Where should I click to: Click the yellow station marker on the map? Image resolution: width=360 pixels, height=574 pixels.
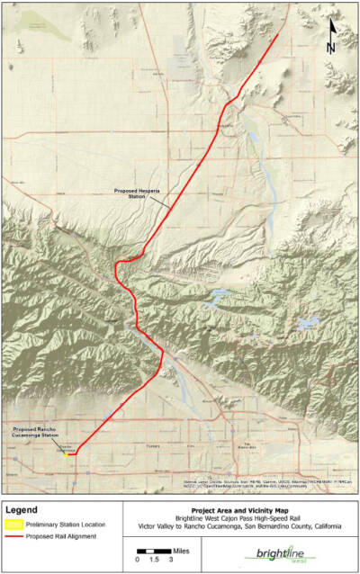[x=68, y=453]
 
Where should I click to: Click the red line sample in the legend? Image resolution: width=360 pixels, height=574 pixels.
[x=13, y=537]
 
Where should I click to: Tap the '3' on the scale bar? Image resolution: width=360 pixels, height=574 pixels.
[x=169, y=560]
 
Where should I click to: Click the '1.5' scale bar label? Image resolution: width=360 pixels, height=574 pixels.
[x=153, y=560]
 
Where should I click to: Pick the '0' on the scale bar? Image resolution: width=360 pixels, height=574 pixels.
[x=138, y=560]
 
